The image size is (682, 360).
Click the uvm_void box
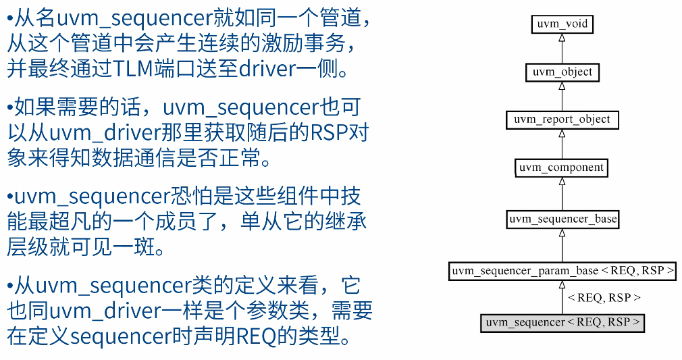(x=562, y=24)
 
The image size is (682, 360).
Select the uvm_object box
(x=562, y=72)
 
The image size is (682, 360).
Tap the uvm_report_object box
(x=562, y=120)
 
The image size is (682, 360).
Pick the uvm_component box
(x=562, y=168)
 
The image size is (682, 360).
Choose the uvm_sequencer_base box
(x=562, y=219)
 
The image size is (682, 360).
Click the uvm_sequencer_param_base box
(x=562, y=271)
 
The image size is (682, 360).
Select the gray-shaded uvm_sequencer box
(x=562, y=322)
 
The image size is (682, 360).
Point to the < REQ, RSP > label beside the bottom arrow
(x=604, y=297)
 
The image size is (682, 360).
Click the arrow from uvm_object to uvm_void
(x=562, y=47)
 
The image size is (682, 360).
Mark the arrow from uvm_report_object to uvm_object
(x=562, y=95)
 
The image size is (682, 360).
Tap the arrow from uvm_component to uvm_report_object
(x=562, y=143)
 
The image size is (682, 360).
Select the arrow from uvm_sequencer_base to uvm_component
(x=562, y=193)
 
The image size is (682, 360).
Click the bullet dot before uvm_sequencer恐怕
(x=10, y=197)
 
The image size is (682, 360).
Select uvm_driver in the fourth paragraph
(x=101, y=311)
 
